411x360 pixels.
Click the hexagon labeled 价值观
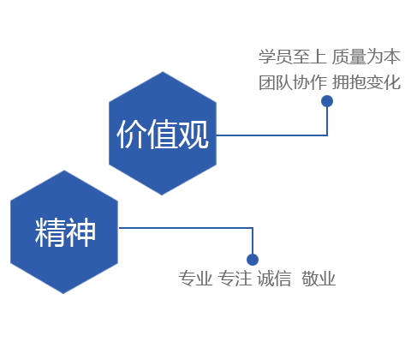163,134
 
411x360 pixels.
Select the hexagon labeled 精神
64,232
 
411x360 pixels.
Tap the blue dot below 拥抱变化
327,101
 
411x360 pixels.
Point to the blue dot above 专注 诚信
253,260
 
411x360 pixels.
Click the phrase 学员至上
292,57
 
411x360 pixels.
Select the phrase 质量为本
366,57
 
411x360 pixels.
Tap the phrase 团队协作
292,82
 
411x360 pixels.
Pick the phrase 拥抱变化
366,82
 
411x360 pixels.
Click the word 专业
195,279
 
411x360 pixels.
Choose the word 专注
235,279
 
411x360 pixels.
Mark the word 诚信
274,279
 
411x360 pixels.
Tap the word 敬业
319,279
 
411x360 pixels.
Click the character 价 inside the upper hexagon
132,134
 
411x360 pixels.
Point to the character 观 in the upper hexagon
194,134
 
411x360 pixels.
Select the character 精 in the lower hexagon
49,232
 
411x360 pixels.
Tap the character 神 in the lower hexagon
80,232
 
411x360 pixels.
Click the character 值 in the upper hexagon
163,134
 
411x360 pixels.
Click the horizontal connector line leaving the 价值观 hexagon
271,135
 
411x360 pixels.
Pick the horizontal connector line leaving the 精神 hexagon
186,228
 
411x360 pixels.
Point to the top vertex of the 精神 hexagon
64,171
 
